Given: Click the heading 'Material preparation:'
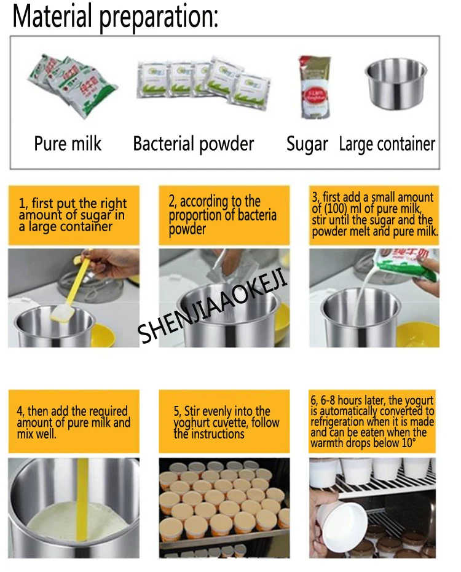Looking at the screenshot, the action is pos(115,17).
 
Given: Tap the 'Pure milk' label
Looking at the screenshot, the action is pos(68,143).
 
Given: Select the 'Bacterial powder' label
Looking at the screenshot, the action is pos(193,144).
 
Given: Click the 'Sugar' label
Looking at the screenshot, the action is pos(307,144).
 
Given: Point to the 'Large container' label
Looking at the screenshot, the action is pos(387,144).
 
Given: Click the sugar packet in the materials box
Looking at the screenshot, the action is pos(314,87).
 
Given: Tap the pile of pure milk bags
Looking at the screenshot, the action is pos(72,85).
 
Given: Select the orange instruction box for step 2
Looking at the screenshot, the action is pos(224,215).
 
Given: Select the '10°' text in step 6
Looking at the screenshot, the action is pos(409,443).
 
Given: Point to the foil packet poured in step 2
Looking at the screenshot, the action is pos(219,268).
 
